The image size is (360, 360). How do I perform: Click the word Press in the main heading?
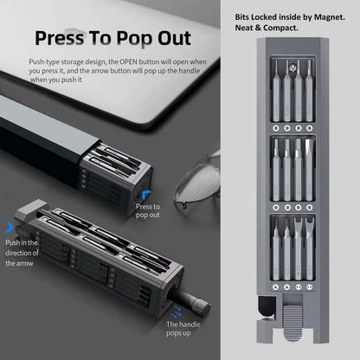60,38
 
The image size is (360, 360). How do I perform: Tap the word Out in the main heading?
174,38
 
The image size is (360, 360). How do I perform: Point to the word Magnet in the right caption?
330,17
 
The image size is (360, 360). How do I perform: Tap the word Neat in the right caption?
244,28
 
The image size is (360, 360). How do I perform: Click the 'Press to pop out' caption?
148,211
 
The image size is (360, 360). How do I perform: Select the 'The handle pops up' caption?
183,329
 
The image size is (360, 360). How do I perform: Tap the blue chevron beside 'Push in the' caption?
10,227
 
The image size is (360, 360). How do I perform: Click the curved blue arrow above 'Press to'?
146,194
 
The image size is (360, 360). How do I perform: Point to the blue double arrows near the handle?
176,312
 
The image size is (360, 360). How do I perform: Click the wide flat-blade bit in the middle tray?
309,170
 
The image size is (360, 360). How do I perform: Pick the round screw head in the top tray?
292,68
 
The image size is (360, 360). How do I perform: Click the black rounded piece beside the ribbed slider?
267,307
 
